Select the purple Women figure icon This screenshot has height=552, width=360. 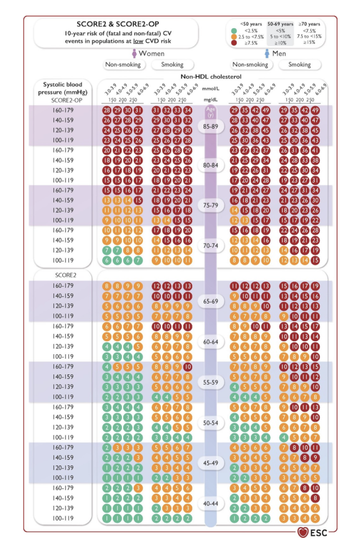[134, 53]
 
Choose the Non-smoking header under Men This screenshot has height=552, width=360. [249, 65]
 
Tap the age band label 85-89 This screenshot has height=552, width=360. [210, 127]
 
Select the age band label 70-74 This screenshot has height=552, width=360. [210, 245]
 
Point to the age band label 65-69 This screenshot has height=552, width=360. [210, 301]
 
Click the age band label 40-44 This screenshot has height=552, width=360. [210, 503]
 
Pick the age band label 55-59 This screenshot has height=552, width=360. [210, 382]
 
